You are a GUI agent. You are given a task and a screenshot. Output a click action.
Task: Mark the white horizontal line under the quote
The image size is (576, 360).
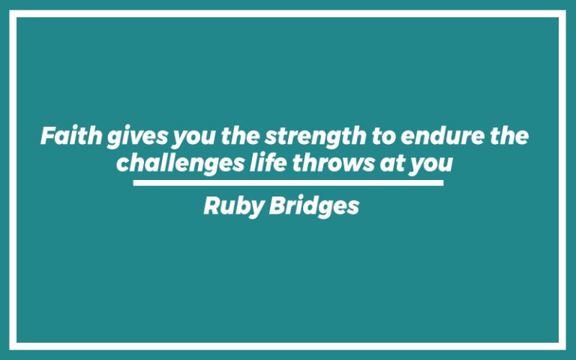point(288,182)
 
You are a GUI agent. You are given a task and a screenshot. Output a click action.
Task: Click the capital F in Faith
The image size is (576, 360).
point(46,137)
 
